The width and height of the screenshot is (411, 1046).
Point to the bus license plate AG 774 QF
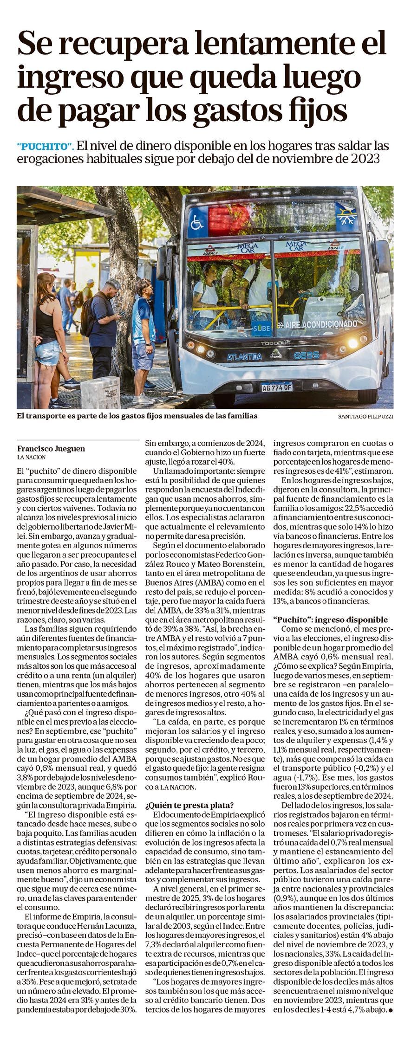click(276, 387)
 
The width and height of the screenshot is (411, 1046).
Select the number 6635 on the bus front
click(307, 355)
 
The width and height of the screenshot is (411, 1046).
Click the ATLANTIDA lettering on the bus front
click(244, 357)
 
